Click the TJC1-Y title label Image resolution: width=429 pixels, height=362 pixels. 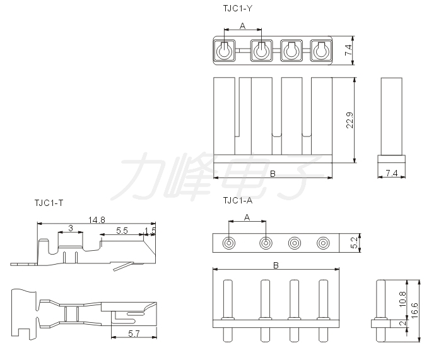coord(237,8)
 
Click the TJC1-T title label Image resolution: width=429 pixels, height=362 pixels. coord(49,203)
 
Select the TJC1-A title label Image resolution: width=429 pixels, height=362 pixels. coord(237,201)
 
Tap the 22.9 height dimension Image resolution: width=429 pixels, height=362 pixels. coord(350,120)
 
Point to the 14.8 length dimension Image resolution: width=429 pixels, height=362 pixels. coord(97,220)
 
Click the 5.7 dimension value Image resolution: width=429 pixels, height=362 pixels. coord(134,333)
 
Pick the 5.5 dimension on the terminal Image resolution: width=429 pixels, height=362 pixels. coord(122,231)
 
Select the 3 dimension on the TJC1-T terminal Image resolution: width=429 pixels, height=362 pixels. coord(71,228)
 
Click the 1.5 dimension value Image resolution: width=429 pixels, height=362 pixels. coord(150,231)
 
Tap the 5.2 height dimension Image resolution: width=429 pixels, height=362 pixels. coord(354,243)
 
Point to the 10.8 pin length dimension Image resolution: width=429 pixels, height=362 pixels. coord(403,299)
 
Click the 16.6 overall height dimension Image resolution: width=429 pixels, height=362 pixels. coord(414,310)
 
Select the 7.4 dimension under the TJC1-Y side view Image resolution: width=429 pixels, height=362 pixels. coord(392,173)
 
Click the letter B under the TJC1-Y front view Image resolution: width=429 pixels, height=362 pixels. coord(273,174)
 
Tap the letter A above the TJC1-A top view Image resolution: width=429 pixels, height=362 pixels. coord(247,217)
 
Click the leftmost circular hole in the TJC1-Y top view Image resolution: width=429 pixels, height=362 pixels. coord(224,51)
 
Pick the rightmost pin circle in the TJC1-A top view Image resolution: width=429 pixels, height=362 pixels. coord(323,243)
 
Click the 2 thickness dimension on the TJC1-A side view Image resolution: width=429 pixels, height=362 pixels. coord(403,323)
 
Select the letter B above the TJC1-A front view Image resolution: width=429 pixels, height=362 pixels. coord(276,265)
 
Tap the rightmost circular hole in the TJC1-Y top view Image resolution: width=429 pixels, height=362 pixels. coord(321,51)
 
